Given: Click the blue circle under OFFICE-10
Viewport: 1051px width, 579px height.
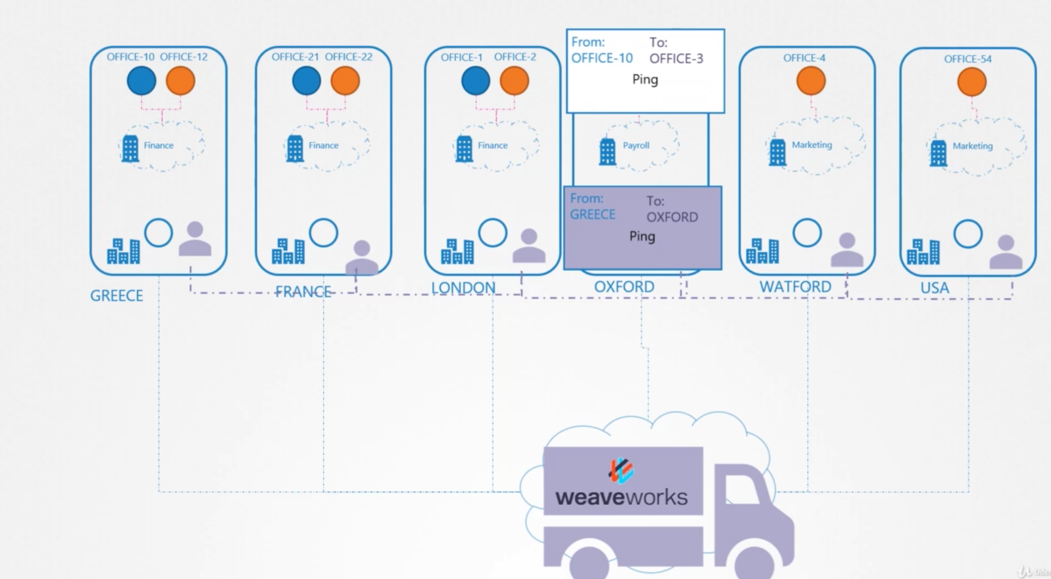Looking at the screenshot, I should (x=141, y=80).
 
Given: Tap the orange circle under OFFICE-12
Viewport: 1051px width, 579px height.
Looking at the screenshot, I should (x=180, y=80).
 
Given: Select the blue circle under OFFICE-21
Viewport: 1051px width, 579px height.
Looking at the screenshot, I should (x=306, y=80).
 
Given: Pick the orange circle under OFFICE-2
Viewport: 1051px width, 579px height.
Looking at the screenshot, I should (x=514, y=80).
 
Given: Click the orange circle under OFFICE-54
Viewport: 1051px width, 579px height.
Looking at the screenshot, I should (x=972, y=82).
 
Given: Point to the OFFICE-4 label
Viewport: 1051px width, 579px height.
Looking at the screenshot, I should (x=804, y=58).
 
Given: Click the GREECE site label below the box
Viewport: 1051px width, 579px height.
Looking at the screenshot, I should (x=116, y=295).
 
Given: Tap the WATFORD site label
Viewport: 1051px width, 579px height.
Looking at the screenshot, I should (x=795, y=287).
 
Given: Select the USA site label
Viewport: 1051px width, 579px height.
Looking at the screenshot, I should (x=935, y=288).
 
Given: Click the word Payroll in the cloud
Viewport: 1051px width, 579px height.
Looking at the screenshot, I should (x=636, y=145).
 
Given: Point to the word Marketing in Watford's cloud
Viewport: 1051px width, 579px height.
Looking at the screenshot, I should (x=812, y=145).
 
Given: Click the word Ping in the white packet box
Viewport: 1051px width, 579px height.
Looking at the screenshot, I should (x=645, y=79).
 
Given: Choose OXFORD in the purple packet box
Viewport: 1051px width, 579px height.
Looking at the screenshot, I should (x=672, y=217).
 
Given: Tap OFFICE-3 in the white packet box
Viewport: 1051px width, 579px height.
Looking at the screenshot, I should (x=676, y=58).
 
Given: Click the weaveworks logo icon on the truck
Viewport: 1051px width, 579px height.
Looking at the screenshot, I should (x=621, y=470).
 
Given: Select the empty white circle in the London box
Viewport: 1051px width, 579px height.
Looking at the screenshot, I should (x=492, y=233).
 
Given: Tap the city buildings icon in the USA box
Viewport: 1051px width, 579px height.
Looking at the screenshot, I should (x=923, y=251).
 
